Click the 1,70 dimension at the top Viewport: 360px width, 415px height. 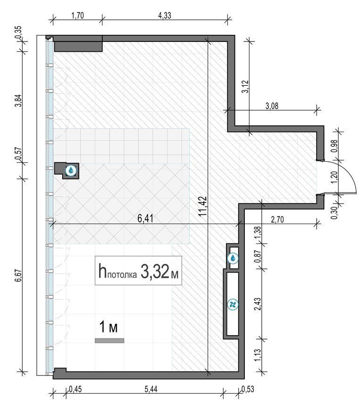(77, 16)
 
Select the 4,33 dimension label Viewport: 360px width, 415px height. (165, 16)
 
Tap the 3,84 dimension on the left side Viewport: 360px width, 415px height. (18, 100)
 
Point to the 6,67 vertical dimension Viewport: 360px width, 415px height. (18, 276)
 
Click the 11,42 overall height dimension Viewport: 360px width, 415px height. (203, 206)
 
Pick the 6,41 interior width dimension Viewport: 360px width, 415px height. (145, 219)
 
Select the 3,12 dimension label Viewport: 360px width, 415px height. (245, 87)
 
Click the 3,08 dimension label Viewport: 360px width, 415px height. (272, 106)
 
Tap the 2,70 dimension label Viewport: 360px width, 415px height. (277, 219)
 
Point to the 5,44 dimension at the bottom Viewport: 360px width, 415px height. (151, 389)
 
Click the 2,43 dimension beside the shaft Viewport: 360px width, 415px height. (258, 304)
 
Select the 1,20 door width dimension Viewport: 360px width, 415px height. (335, 177)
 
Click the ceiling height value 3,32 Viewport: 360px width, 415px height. (155, 271)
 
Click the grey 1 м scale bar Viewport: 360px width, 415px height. (109, 340)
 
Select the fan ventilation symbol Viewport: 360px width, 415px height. (233, 304)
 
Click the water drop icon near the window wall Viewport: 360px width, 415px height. (71, 171)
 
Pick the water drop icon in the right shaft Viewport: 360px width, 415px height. (233, 258)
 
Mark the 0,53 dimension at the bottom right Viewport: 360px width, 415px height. (248, 389)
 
